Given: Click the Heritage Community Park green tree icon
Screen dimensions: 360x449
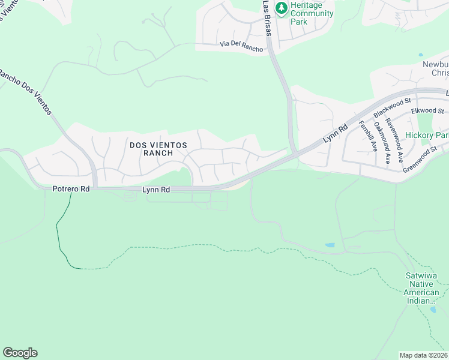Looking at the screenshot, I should tap(281, 8).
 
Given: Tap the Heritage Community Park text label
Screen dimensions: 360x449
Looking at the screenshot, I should tap(312, 13).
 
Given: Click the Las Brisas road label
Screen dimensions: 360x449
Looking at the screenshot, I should tap(267, 18).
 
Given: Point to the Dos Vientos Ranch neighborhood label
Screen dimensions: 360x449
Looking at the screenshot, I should tap(158, 149).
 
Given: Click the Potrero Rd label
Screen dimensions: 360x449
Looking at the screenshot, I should tap(71, 189).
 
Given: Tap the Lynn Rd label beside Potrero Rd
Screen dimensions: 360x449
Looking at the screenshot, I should tap(156, 190).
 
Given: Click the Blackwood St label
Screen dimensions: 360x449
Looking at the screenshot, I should tap(391, 107).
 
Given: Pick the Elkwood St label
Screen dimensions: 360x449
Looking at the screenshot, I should tap(427, 111).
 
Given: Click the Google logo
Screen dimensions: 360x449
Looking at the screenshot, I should tap(20, 353).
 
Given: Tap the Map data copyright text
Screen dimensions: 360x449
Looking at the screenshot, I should tap(424, 355).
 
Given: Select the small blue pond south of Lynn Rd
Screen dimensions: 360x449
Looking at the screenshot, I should tap(330, 245).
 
